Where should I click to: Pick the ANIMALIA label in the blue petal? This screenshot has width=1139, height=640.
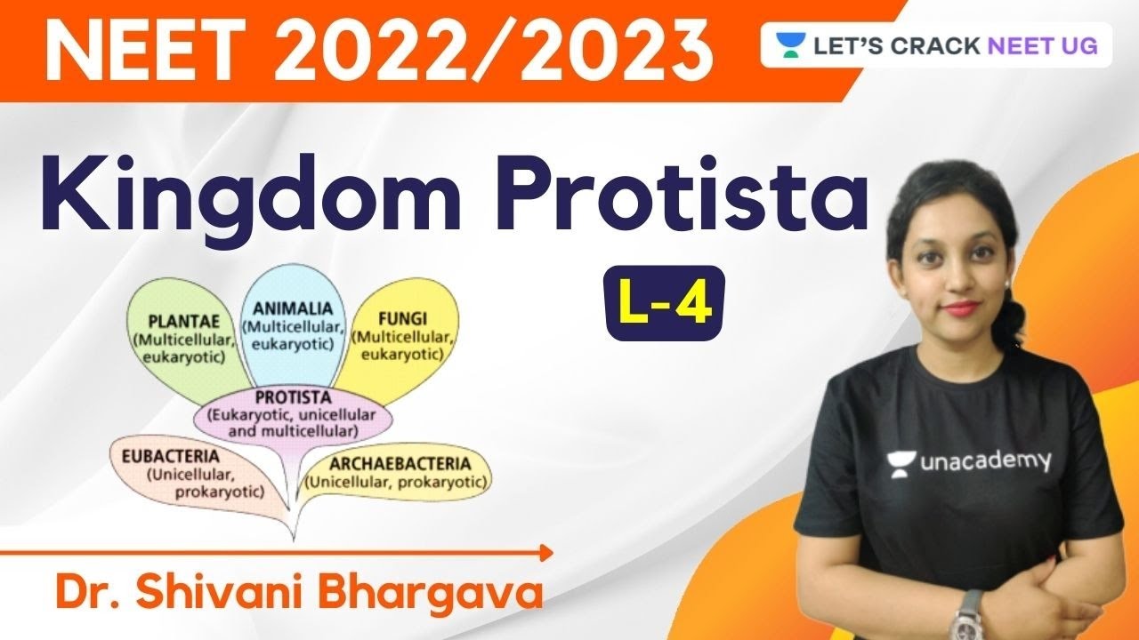(292, 308)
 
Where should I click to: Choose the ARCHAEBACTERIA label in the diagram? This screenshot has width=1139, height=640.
(397, 463)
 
